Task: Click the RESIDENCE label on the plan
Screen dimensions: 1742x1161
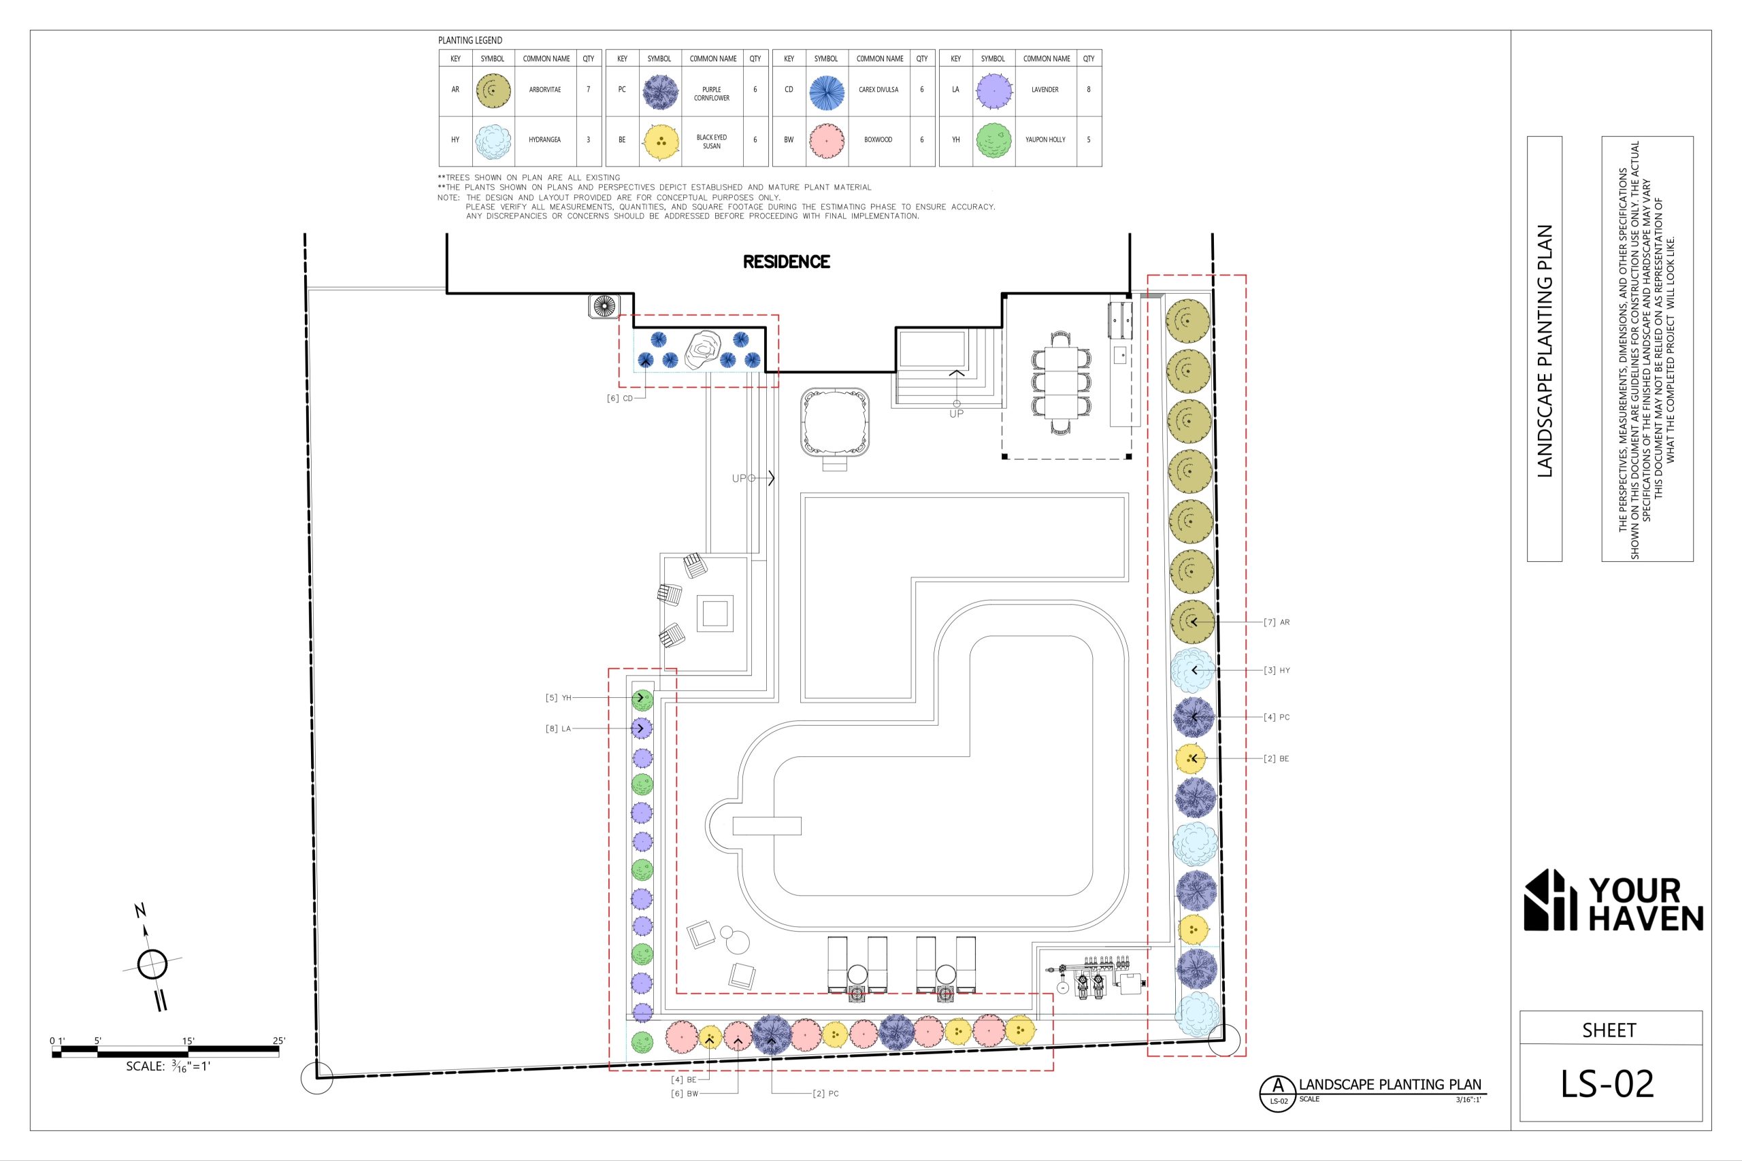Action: click(x=786, y=261)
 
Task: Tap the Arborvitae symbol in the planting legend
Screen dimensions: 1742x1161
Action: click(x=493, y=90)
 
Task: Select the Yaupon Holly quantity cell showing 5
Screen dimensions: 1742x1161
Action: click(x=1088, y=139)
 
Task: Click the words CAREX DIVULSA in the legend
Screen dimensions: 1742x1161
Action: click(x=878, y=90)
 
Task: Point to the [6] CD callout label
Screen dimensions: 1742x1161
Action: click(x=620, y=399)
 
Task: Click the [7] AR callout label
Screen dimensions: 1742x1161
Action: click(x=1277, y=622)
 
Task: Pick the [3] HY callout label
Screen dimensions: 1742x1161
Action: click(x=1277, y=670)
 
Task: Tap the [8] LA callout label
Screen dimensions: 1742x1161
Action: click(x=559, y=728)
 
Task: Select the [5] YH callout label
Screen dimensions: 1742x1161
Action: click(x=559, y=698)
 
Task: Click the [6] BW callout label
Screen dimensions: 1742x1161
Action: click(x=685, y=1094)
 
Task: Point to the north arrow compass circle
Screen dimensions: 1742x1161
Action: click(x=152, y=964)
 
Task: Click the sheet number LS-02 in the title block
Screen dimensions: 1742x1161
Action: click(x=1608, y=1084)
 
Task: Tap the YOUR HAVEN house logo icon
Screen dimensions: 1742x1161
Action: click(x=1549, y=900)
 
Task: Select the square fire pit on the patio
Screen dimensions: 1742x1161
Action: click(x=715, y=613)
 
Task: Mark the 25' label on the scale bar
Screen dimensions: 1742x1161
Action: click(x=278, y=1041)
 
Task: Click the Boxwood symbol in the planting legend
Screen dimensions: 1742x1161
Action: click(x=826, y=140)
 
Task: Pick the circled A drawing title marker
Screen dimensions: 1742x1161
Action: click(x=1278, y=1092)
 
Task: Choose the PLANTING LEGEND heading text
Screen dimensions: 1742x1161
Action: click(x=470, y=41)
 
